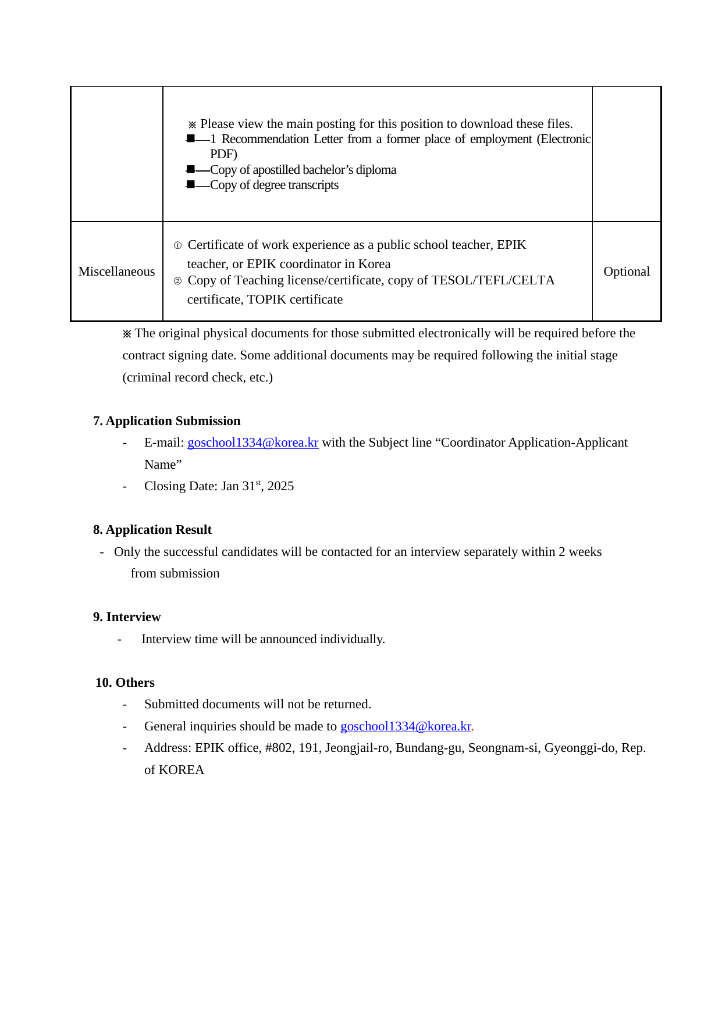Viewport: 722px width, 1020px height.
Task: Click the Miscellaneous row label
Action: tap(116, 272)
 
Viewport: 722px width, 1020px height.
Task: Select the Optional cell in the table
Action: tap(627, 272)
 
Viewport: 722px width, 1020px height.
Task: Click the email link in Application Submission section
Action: tap(252, 443)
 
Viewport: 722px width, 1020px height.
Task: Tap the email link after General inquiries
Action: tap(406, 726)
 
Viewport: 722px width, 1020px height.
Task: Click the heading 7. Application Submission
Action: tap(166, 421)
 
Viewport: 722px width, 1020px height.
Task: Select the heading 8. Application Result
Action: tap(152, 530)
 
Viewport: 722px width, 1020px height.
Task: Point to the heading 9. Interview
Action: tap(127, 617)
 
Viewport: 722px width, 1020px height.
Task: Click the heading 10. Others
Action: tap(125, 683)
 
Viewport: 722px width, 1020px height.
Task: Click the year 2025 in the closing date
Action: tap(280, 486)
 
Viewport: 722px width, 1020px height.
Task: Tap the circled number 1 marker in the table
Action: tap(177, 245)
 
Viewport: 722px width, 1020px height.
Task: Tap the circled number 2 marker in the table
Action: tap(177, 281)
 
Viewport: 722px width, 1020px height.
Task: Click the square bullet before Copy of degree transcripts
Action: tap(190, 185)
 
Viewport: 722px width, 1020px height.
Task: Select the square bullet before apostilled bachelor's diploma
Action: tap(190, 170)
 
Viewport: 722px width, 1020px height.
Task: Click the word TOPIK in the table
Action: tap(266, 299)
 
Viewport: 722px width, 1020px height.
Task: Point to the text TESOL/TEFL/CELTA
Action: tap(493, 280)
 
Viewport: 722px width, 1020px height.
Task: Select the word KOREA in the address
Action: tap(182, 770)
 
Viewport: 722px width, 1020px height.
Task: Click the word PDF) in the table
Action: tap(223, 154)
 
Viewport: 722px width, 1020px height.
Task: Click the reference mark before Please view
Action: tap(193, 124)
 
